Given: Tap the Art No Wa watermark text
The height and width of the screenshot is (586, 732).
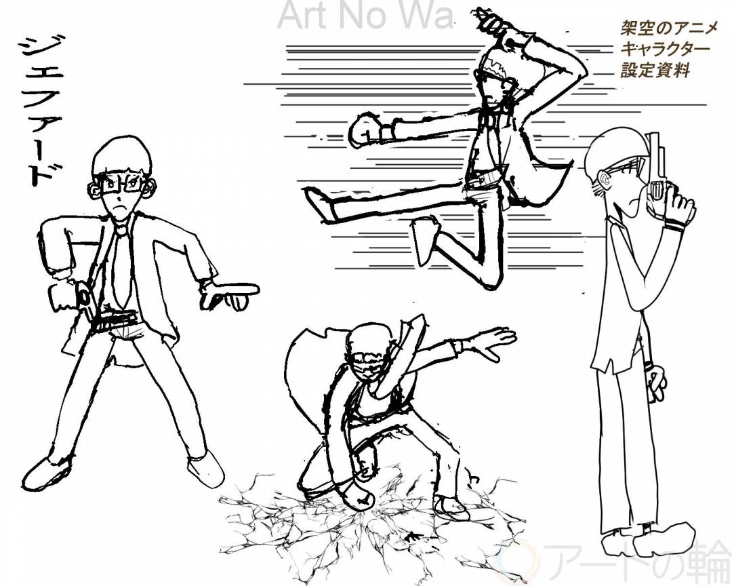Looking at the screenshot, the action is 365,15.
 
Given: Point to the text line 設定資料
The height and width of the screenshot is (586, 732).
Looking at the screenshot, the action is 655,71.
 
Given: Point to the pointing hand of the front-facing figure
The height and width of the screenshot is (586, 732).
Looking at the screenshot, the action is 229,294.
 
